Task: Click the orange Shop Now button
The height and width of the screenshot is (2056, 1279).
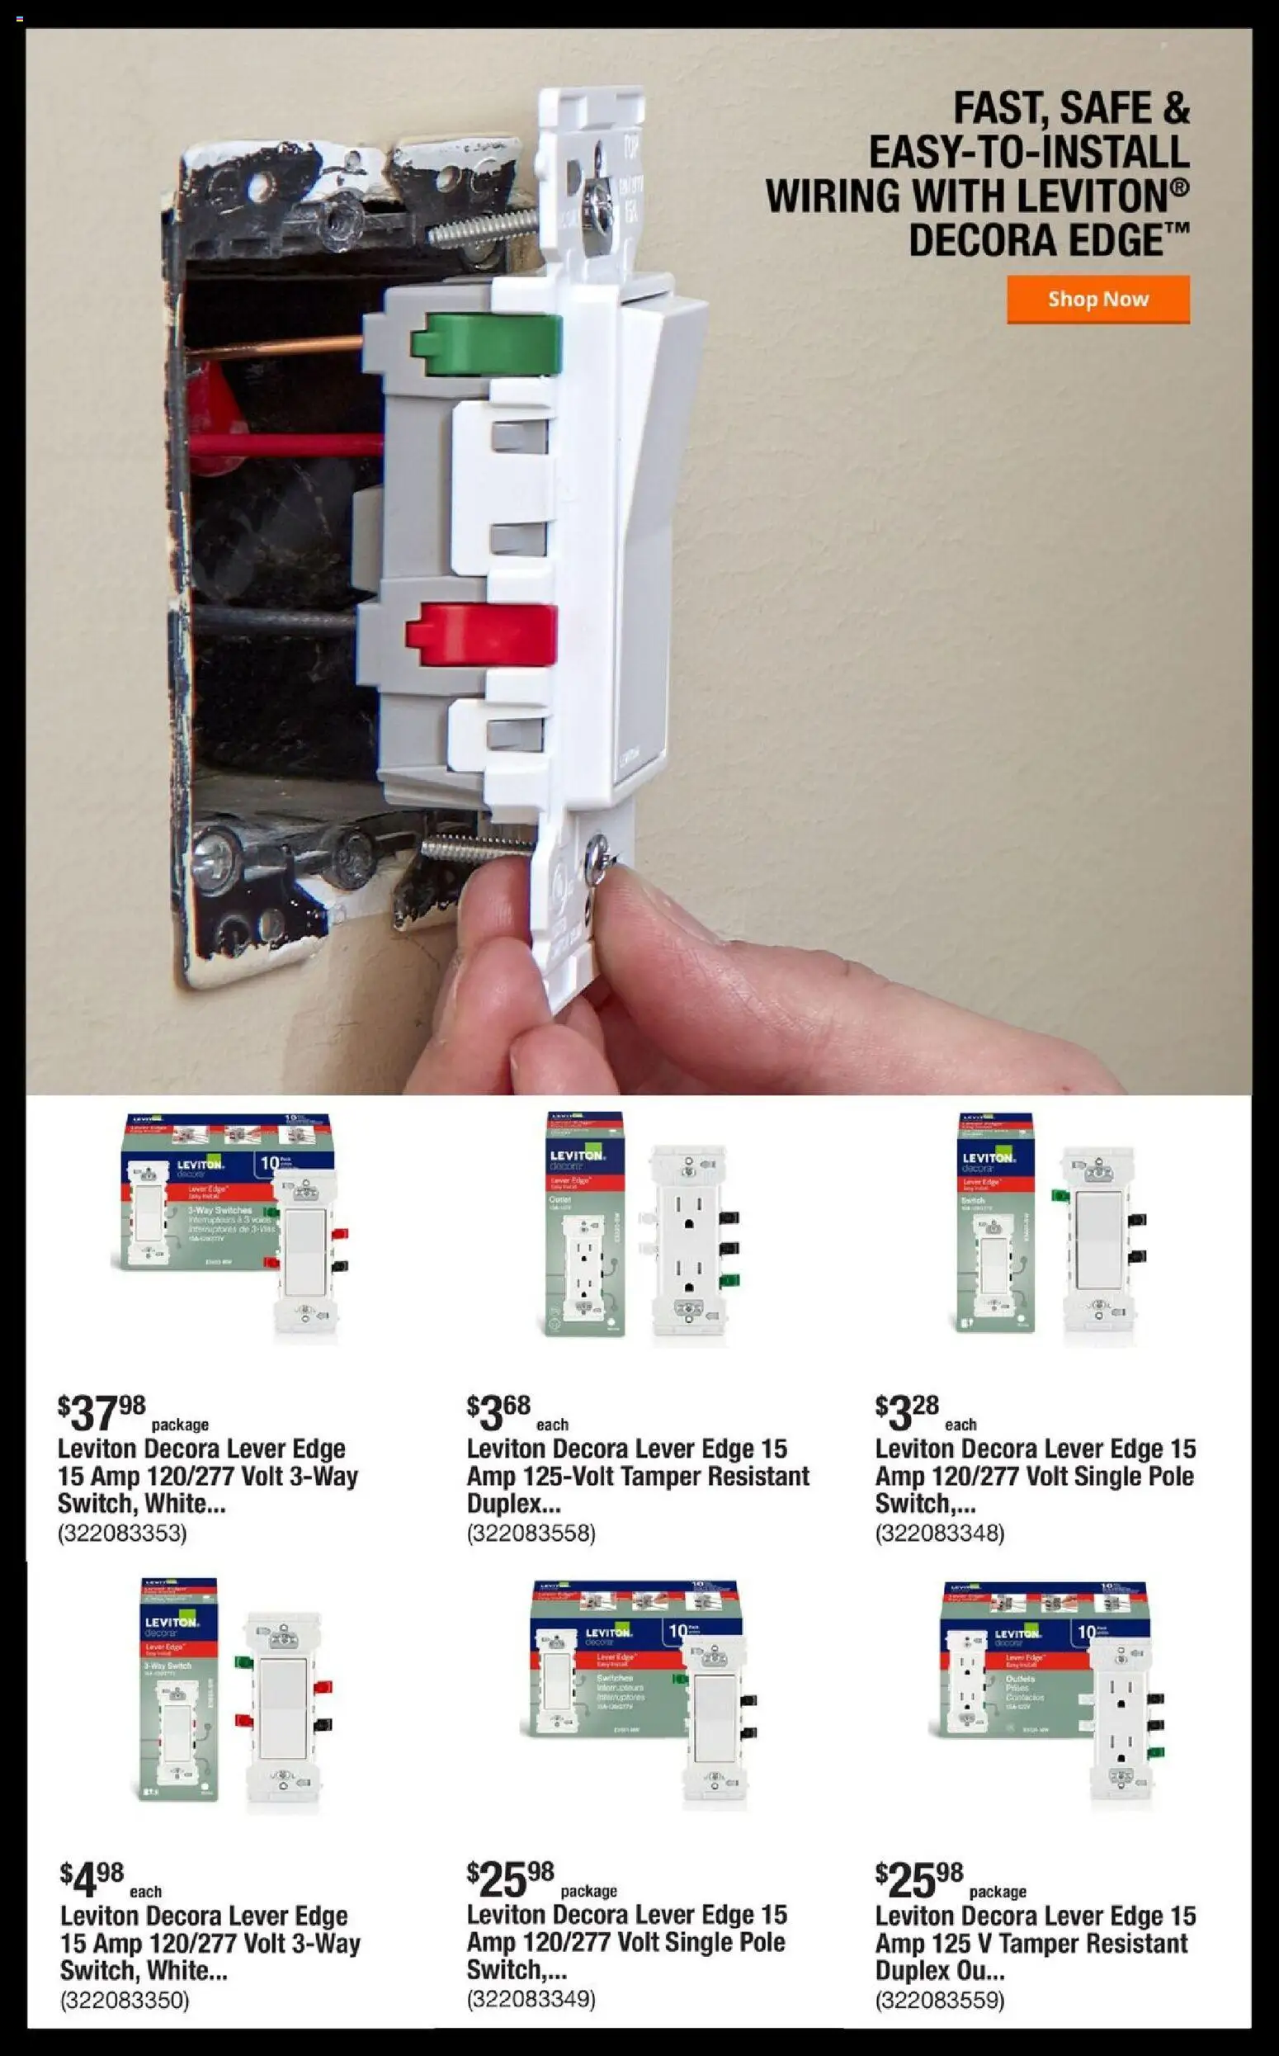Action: pyautogui.click(x=1097, y=299)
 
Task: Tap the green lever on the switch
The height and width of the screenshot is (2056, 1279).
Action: pyautogui.click(x=486, y=343)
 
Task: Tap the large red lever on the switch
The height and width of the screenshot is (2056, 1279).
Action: pyautogui.click(x=481, y=635)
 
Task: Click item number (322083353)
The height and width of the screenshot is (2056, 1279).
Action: pyautogui.click(x=122, y=1532)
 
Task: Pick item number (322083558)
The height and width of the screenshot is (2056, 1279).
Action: pyautogui.click(x=531, y=1532)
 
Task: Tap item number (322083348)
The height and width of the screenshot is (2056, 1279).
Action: pyautogui.click(x=939, y=1532)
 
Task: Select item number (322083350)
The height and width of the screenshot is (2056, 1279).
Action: pyautogui.click(x=125, y=1999)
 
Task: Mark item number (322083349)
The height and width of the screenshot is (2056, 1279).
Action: pyautogui.click(x=531, y=1998)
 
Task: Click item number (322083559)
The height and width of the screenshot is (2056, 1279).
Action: pyautogui.click(x=939, y=1999)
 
